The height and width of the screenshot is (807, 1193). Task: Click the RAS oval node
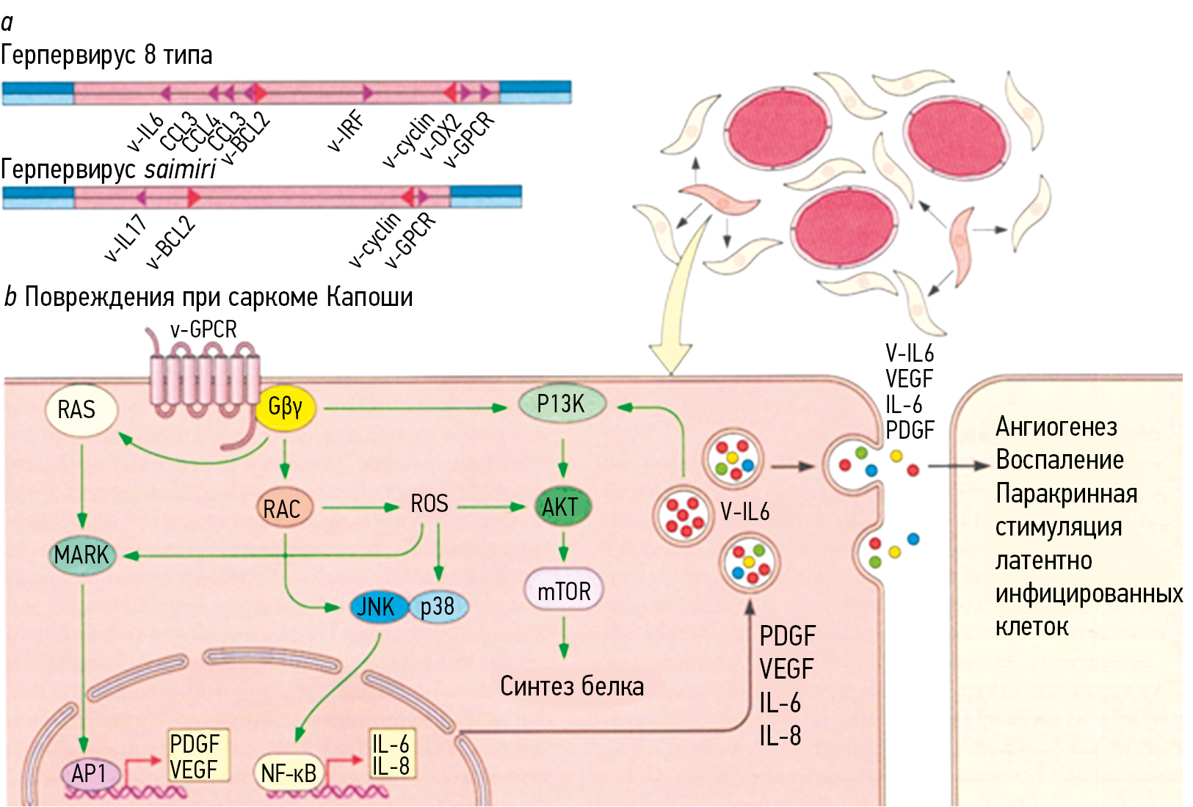point(79,410)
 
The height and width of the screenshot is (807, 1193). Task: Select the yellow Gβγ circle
point(286,407)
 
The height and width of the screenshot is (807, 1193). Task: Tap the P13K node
point(562,404)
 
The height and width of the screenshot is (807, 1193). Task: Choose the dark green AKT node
point(562,507)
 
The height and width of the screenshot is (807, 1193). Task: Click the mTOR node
point(563,591)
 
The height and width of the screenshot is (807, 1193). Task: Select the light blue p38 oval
point(438,607)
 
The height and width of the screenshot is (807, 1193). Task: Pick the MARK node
point(81,555)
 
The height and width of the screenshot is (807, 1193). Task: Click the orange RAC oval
point(283,508)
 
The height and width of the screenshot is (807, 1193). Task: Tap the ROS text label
point(429,505)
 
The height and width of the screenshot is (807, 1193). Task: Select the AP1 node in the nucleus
point(90,773)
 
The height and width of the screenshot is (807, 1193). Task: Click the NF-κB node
point(289,773)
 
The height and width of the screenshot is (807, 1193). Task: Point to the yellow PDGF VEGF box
point(195,756)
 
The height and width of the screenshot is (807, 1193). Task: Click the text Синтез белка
point(572,686)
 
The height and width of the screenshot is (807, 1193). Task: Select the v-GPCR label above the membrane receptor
point(203,330)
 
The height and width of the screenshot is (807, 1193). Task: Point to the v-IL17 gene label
point(126,238)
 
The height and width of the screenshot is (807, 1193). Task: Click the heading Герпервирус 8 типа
point(106,55)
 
